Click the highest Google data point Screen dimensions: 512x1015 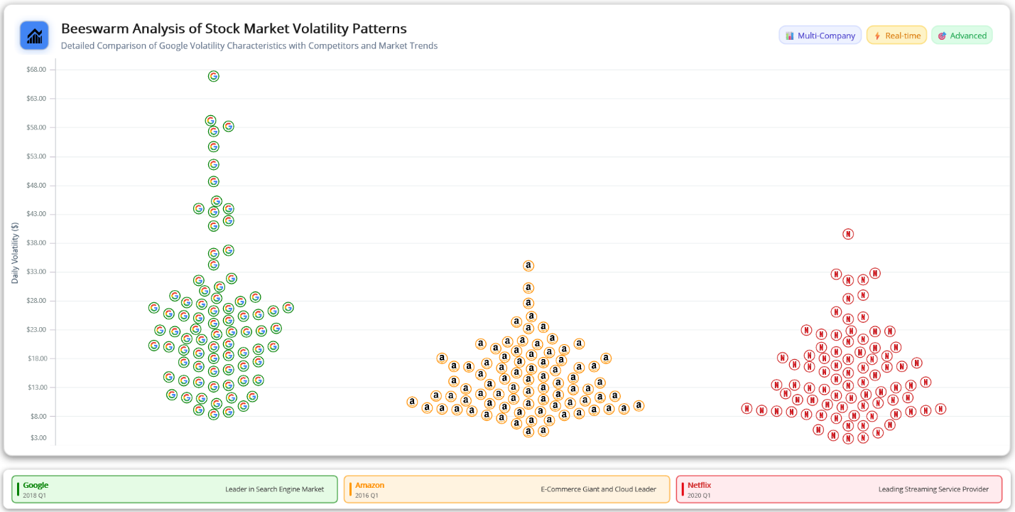coord(213,76)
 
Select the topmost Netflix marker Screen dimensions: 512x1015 coord(847,234)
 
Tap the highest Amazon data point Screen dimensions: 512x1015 coord(528,265)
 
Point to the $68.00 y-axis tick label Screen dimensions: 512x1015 coord(36,70)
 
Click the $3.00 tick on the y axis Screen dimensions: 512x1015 coord(38,438)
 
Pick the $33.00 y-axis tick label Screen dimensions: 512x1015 coord(36,272)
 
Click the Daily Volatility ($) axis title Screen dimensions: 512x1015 coord(15,252)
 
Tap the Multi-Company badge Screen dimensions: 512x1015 coord(820,36)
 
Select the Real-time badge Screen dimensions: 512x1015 coord(896,36)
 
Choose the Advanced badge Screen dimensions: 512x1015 coord(962,36)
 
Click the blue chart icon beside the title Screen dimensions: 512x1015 coord(34,36)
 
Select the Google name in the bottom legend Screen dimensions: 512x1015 coord(36,485)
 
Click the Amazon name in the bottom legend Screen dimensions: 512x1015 coord(369,485)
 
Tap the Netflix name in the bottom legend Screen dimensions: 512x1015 coord(699,485)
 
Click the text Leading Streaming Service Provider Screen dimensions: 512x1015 coord(933,489)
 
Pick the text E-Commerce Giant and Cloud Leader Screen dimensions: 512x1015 coord(599,489)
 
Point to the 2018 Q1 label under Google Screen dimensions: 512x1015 coord(34,495)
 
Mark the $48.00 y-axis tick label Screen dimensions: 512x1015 coord(36,185)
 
